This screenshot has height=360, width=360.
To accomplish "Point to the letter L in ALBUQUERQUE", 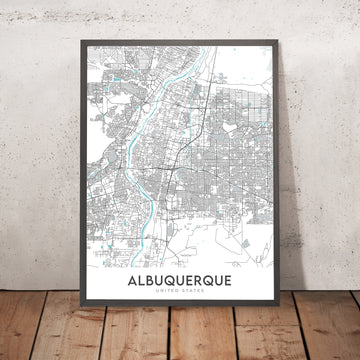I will point(140,284).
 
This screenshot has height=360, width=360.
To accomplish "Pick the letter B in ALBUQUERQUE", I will point(150,284).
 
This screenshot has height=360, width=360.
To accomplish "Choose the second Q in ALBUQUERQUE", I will point(212,284).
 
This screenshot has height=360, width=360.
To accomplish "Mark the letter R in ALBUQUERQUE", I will point(200,284).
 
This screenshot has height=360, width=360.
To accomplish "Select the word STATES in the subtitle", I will point(193,297).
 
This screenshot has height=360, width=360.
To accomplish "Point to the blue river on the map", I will point(130,150).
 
